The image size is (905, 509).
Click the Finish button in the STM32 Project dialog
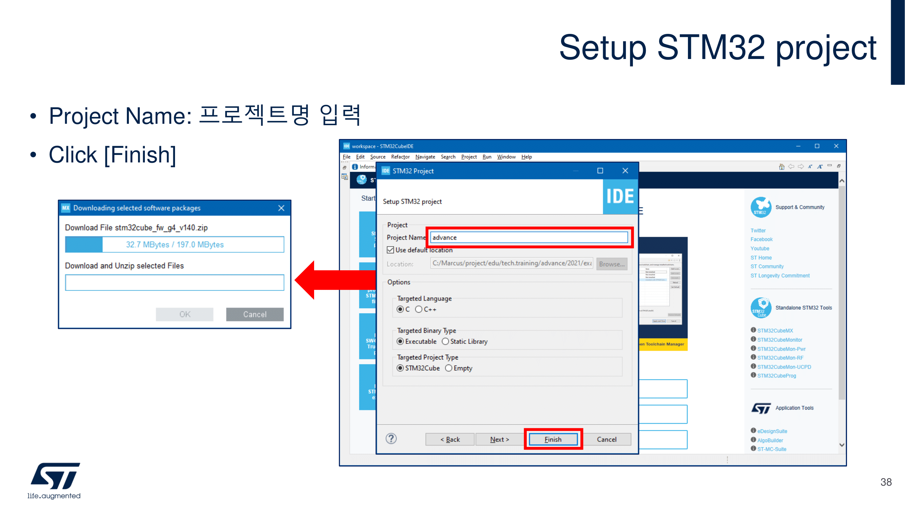(553, 439)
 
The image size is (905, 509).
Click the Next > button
(499, 439)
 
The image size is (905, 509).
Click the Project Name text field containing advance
(529, 237)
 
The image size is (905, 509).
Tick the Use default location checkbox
(390, 250)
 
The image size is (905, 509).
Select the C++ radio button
(419, 309)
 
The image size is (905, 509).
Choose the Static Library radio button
(445, 341)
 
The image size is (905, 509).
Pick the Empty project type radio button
(449, 368)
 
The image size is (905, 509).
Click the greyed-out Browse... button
(612, 264)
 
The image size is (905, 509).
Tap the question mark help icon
(391, 438)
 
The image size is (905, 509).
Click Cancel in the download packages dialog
(255, 314)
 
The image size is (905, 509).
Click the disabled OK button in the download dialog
(185, 314)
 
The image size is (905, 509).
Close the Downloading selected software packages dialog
(281, 208)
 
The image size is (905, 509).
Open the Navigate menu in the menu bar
(425, 157)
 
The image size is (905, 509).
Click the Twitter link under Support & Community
(758, 231)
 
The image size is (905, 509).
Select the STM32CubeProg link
(776, 375)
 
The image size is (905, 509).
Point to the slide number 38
(886, 482)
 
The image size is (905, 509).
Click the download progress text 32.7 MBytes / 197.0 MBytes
(175, 244)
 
